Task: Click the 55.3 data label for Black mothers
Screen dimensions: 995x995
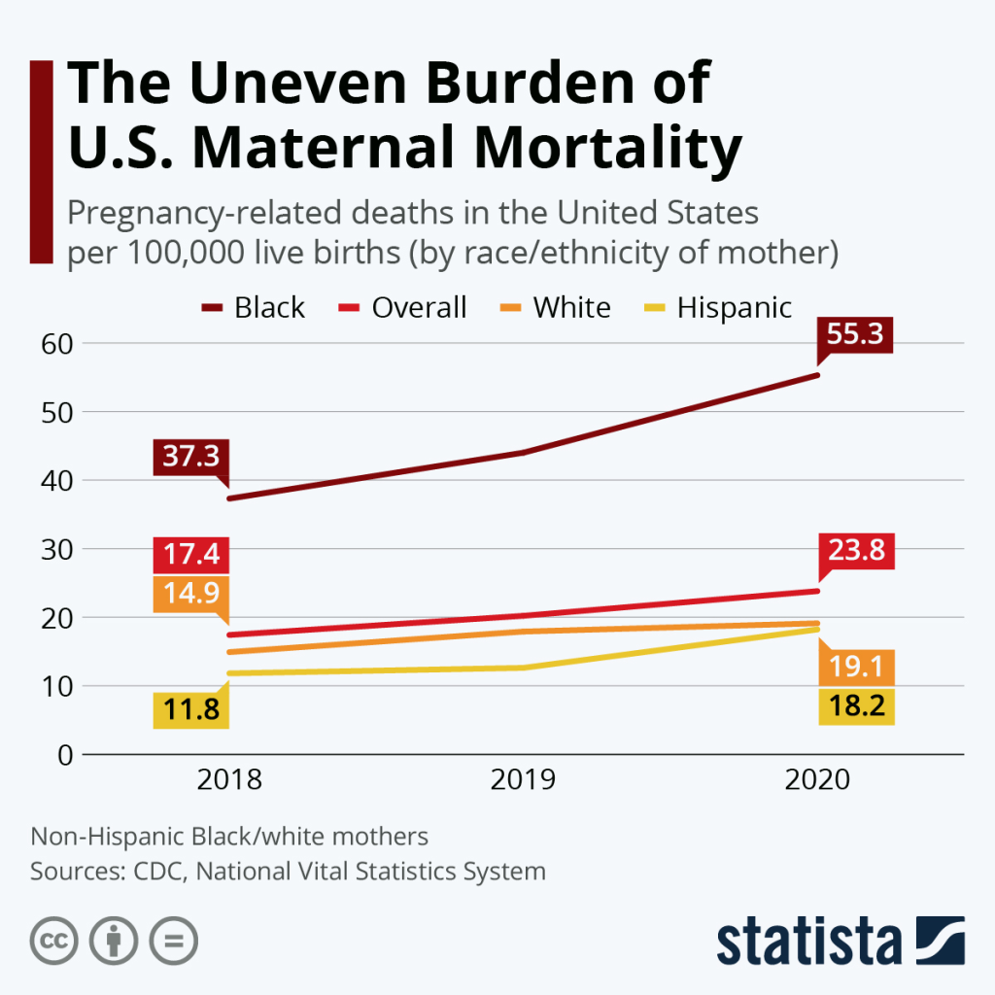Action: point(854,335)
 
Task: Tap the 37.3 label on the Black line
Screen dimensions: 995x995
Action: point(190,457)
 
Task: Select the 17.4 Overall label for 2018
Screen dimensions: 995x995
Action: point(190,555)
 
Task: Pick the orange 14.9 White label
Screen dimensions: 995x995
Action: point(190,594)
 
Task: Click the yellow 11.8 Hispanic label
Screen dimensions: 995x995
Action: point(190,710)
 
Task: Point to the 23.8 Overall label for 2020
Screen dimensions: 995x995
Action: point(856,551)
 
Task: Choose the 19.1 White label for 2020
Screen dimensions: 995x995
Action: point(856,669)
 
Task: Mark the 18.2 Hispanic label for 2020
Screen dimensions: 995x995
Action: point(856,706)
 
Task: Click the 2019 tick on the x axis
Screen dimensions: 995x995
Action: point(523,780)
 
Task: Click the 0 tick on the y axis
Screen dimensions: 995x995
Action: point(64,754)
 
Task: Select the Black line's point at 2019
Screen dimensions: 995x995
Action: point(523,453)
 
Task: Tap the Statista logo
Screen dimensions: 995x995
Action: point(841,940)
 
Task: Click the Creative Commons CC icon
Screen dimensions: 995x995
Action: point(54,940)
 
